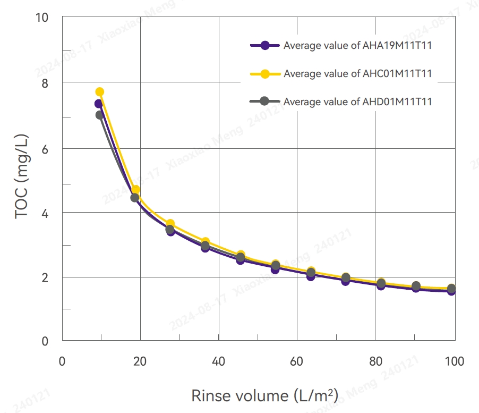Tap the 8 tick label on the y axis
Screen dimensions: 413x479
[44, 83]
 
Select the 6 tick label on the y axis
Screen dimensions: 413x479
[44, 148]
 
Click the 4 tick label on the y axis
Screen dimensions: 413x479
[44, 213]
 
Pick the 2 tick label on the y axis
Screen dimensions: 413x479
[44, 277]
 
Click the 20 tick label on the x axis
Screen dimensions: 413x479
[140, 362]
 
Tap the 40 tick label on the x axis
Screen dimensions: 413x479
[219, 362]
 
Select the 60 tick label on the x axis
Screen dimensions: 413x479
[297, 362]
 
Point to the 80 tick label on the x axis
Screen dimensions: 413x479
[375, 362]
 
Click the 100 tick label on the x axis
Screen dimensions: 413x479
[454, 362]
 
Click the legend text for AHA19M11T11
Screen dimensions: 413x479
[357, 46]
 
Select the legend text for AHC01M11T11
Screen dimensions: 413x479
[357, 73]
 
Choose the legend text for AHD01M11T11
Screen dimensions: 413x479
[357, 102]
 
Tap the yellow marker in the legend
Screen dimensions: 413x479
[265, 73]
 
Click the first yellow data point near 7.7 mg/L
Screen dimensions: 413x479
[99, 92]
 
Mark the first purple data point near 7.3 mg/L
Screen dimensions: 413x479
[98, 104]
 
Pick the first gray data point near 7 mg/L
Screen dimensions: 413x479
[99, 115]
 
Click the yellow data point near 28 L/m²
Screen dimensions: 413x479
[170, 224]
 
